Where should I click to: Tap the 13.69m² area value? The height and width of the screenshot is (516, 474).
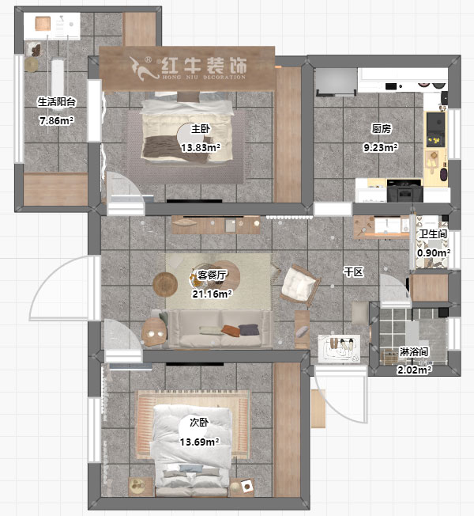199,442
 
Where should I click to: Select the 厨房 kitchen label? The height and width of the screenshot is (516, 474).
382,128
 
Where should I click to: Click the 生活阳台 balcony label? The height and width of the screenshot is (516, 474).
56,102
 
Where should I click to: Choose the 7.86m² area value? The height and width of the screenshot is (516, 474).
56,121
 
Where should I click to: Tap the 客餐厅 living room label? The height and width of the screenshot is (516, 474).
212,275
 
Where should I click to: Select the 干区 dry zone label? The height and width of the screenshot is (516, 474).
352,272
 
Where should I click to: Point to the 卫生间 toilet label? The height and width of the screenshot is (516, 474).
434,233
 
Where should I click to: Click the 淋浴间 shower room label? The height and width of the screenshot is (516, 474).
414,351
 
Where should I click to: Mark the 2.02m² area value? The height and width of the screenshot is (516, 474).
414,370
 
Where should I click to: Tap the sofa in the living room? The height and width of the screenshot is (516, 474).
221,329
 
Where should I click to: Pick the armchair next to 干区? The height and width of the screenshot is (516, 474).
299,284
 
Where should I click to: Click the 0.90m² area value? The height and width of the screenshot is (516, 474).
434,252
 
